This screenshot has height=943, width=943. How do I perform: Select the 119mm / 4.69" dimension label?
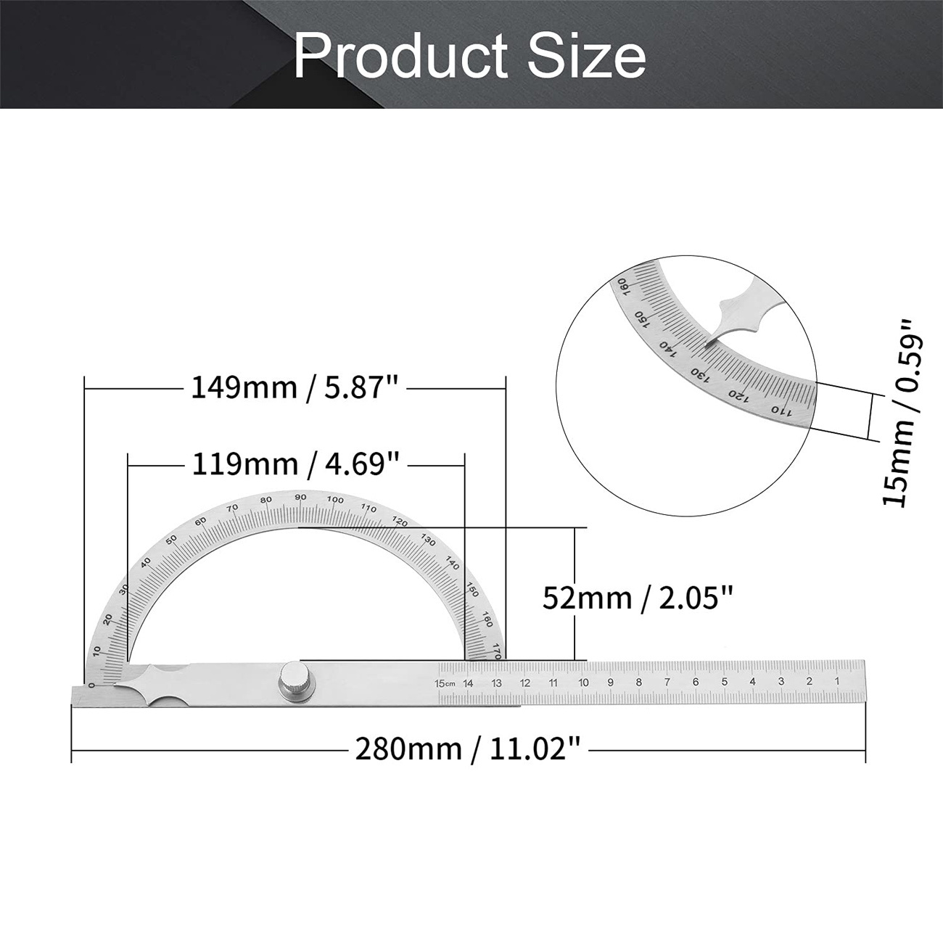[x=295, y=464]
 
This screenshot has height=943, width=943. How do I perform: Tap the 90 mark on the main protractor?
[x=300, y=497]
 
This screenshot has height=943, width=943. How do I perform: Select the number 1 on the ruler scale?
[x=837, y=681]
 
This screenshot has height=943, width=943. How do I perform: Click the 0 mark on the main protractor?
[x=91, y=685]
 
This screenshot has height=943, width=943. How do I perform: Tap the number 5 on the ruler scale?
[x=724, y=682]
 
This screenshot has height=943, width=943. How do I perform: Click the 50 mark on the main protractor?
[x=171, y=539]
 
